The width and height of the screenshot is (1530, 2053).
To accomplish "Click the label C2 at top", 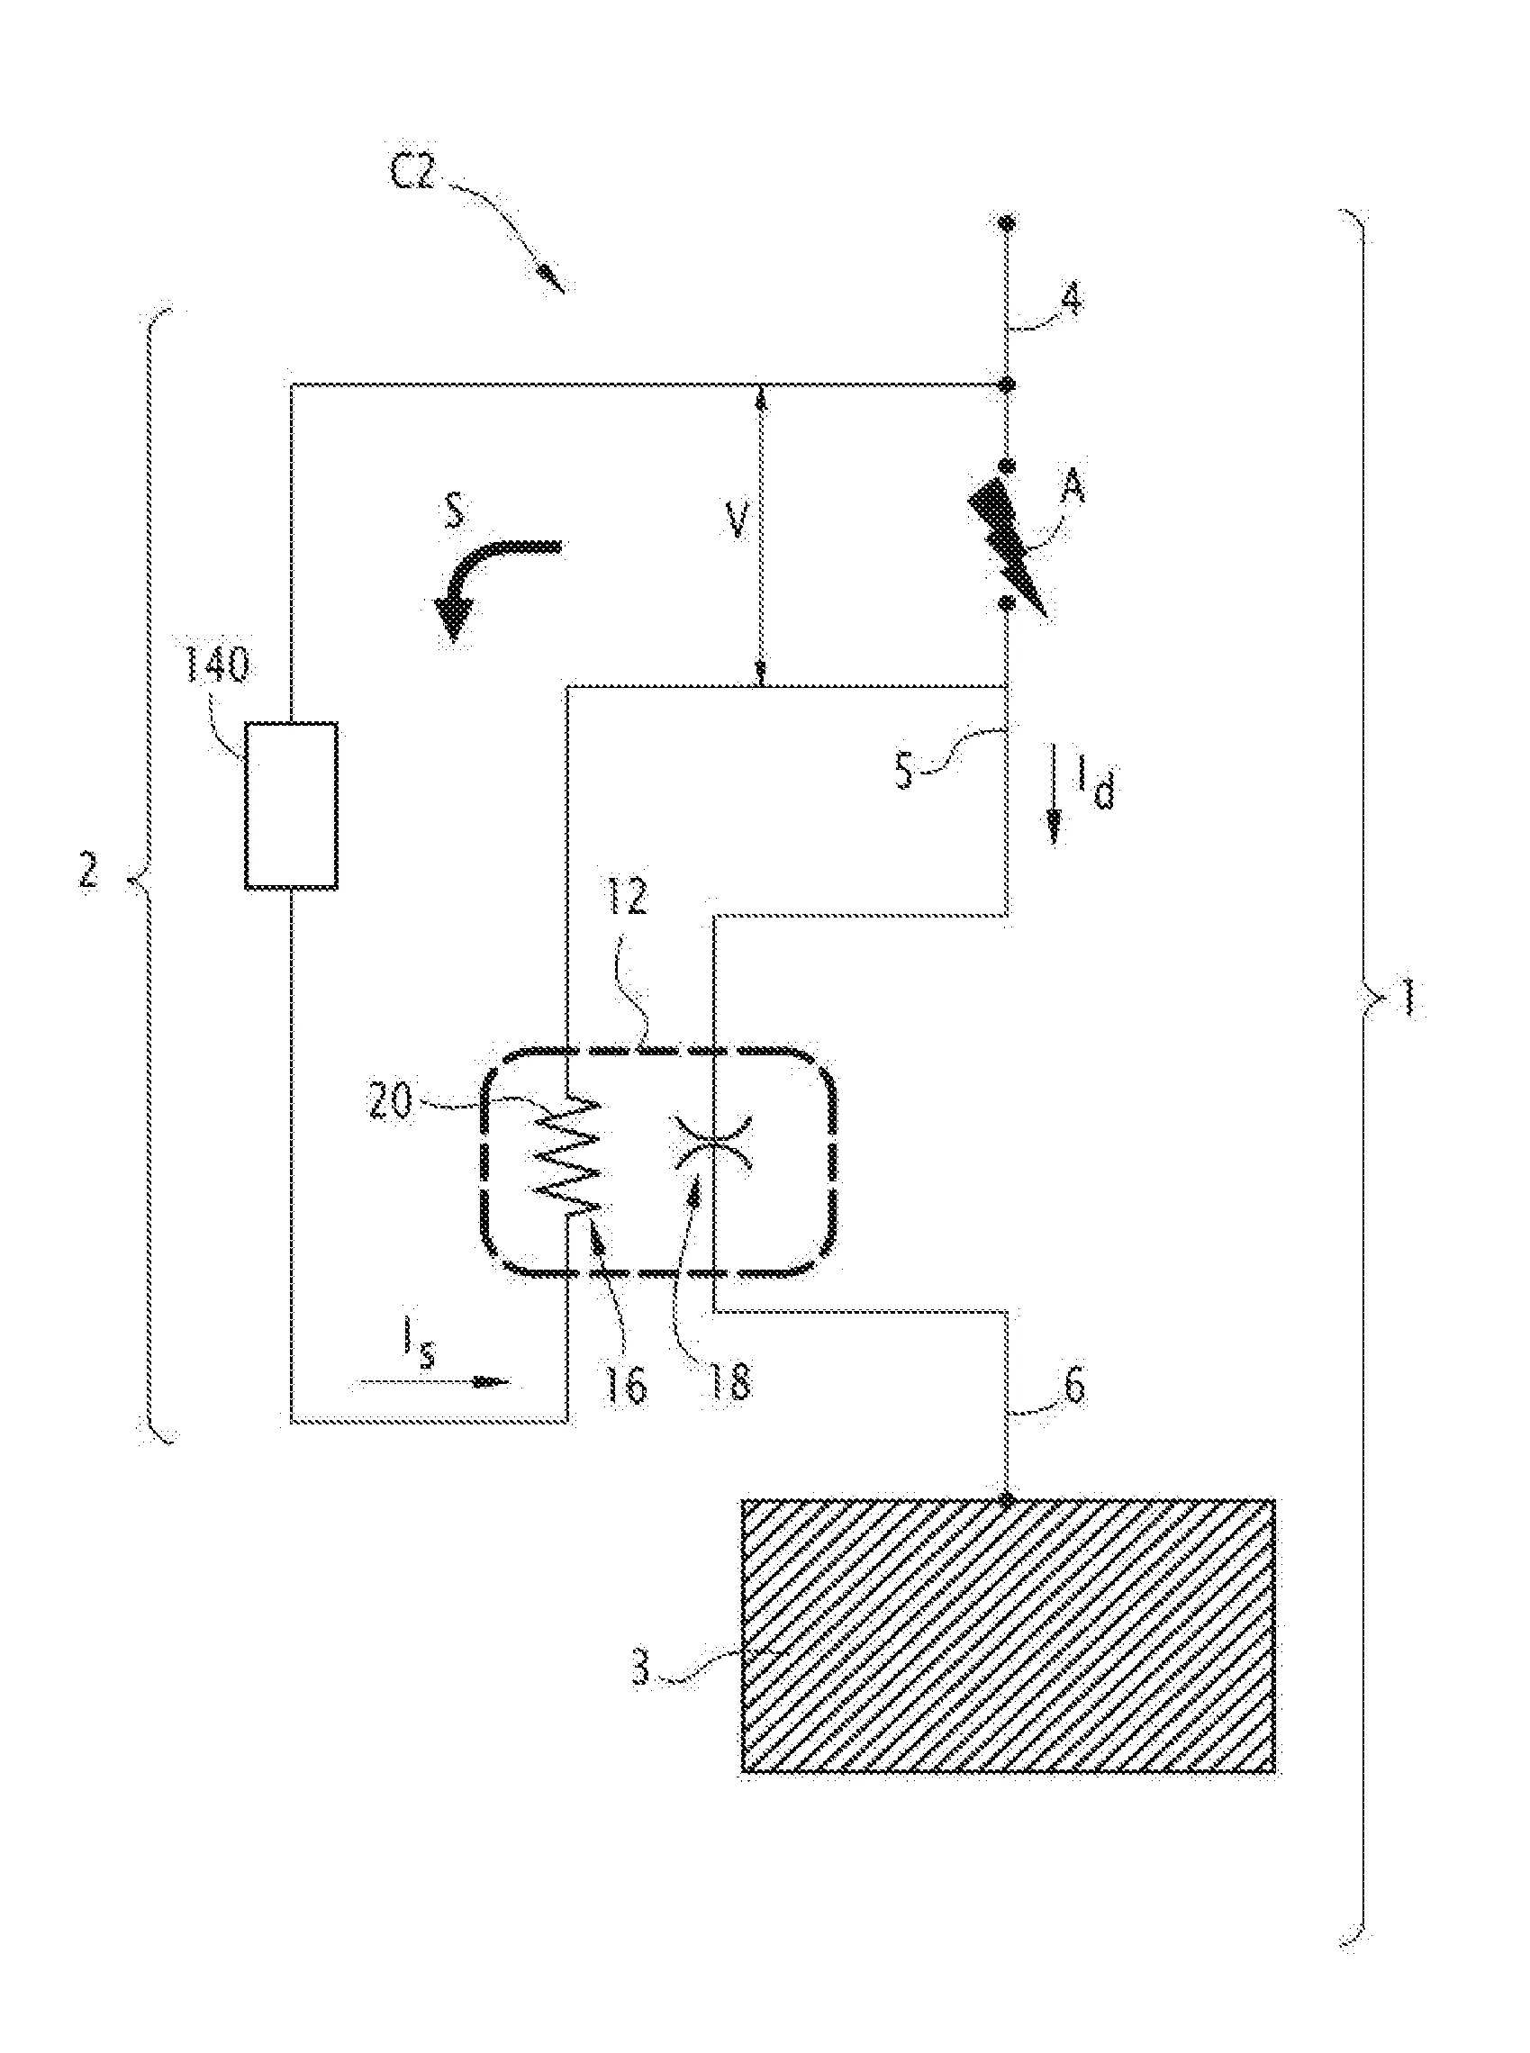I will click(412, 172).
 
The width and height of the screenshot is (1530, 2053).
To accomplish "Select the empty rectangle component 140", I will click(291, 806).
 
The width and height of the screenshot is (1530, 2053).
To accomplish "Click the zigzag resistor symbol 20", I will click(572, 1158).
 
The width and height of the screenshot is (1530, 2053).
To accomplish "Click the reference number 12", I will click(626, 899).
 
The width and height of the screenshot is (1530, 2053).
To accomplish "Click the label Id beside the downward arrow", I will click(1094, 787).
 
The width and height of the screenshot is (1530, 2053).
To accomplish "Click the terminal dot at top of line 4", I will click(1008, 223).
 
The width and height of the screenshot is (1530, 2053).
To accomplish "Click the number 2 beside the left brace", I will click(88, 873).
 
